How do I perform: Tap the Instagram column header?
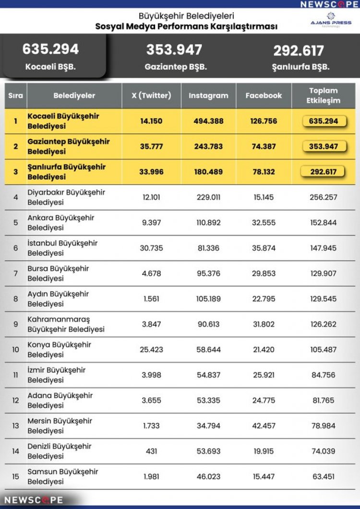coord(208,95)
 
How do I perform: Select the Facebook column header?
coord(264,95)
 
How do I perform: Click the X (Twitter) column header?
coord(151,95)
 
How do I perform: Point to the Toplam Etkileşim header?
coord(324,95)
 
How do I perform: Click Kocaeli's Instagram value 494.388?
coord(208,121)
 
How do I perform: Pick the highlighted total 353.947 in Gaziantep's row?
coord(324,146)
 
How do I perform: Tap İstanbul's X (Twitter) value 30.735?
coord(151,248)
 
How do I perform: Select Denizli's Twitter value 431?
coord(151,451)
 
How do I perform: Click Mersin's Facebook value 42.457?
coord(264,426)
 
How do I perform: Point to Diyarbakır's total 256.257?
coord(324,197)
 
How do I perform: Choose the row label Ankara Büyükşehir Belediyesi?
coord(61,223)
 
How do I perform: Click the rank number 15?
coord(16,477)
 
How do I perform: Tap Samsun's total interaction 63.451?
coord(324,477)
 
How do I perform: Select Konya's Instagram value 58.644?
coord(208,350)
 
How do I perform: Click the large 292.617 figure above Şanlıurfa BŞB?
coord(299,50)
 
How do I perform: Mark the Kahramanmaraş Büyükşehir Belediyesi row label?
coord(66,324)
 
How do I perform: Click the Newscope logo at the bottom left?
coord(34,500)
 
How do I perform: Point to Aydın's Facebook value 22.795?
coord(264,299)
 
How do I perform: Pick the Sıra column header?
coord(16,95)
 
